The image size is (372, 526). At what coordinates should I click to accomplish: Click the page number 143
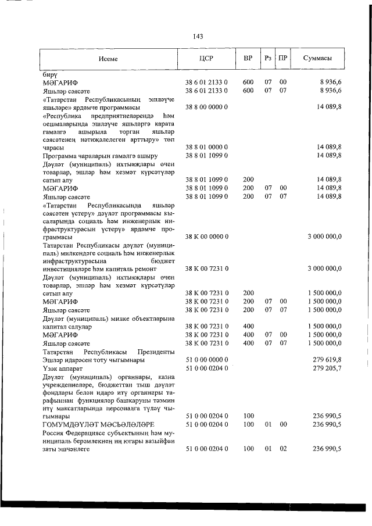click(197, 37)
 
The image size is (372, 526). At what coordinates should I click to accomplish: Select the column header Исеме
click(108, 59)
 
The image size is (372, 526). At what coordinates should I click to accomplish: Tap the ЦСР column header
click(206, 59)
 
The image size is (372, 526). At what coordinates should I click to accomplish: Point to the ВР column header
click(248, 59)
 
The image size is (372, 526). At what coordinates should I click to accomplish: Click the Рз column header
click(267, 59)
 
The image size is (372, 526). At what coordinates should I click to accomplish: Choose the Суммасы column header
click(318, 59)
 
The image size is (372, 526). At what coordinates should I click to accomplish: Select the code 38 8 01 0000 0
click(206, 148)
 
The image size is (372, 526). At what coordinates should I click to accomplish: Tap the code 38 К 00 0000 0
click(206, 237)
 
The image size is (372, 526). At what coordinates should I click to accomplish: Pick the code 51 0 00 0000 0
click(206, 360)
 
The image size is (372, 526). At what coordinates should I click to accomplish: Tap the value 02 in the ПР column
click(283, 449)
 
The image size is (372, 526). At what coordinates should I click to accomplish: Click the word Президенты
click(156, 352)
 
